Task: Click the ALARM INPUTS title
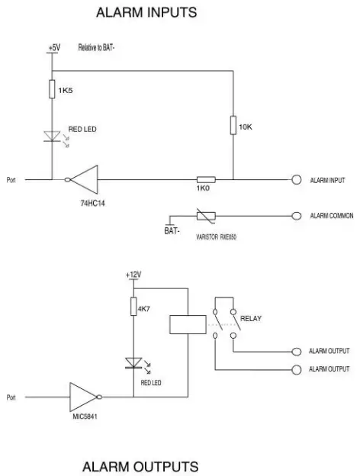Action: point(146,13)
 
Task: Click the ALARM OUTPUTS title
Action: point(140,465)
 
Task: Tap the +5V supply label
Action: point(53,47)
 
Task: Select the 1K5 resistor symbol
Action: point(51,90)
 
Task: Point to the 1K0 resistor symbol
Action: point(205,181)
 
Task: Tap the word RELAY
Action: point(252,319)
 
